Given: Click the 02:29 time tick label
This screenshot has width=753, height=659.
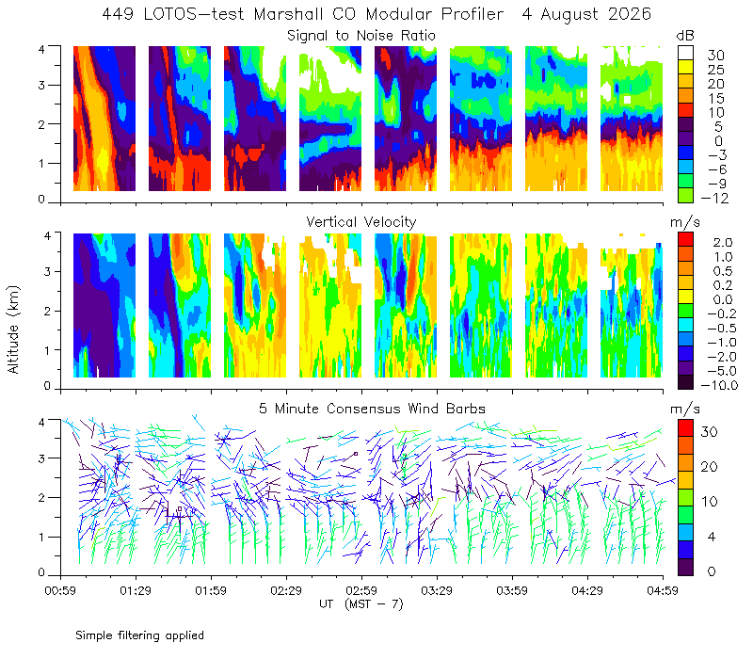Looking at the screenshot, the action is [286, 590].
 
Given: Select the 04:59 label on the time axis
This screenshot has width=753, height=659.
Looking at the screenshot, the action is [663, 590].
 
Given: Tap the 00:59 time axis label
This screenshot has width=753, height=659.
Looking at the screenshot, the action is [60, 590].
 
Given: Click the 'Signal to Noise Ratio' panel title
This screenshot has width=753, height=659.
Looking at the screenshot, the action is [361, 36].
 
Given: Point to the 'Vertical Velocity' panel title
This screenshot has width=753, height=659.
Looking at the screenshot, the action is [361, 222].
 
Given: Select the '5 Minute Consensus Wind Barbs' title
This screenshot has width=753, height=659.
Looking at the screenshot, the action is [372, 409].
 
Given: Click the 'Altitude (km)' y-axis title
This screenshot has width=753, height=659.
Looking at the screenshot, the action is [13, 329].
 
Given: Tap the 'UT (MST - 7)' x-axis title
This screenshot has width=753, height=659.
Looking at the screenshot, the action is [361, 604].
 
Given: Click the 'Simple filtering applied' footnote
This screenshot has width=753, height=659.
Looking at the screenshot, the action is [139, 636].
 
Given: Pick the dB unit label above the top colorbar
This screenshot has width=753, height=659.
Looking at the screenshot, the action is [685, 36].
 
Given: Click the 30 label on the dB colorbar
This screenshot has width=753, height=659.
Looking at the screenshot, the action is [715, 56].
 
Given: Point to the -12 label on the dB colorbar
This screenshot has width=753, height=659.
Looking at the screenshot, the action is [714, 198].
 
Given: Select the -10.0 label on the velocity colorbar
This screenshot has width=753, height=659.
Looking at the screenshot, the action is [719, 385].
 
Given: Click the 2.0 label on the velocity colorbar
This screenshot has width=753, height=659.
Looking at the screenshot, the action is [723, 243].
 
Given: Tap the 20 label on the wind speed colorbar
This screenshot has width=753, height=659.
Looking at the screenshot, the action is [710, 467].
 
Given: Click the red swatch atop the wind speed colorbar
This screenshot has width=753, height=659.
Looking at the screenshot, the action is [685, 428].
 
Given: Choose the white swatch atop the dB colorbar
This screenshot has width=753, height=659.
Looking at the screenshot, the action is [685, 53].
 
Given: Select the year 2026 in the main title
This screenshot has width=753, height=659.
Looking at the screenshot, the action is [629, 14].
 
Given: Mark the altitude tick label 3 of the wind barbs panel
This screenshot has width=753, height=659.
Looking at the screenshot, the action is [41, 458].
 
